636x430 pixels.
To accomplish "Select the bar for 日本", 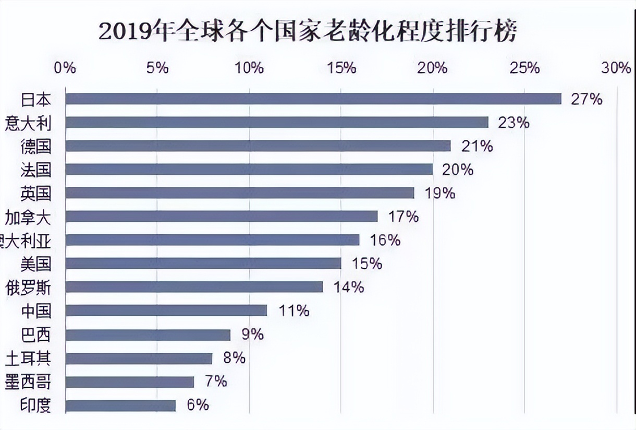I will (313, 99).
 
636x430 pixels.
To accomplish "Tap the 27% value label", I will (586, 99).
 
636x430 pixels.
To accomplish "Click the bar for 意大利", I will (277, 122).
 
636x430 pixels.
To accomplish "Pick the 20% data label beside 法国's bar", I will (458, 170).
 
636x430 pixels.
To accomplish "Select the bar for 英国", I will (240, 193).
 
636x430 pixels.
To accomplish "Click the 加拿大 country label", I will (28, 217).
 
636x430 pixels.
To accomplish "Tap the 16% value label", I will (385, 240).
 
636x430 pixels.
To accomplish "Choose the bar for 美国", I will (203, 263).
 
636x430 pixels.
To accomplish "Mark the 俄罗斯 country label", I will (28, 288).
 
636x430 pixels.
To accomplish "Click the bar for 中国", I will (166, 310).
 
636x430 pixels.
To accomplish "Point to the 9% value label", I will (252, 334).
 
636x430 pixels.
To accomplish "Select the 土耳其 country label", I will (28, 359).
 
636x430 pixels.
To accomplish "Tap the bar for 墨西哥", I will (130, 382).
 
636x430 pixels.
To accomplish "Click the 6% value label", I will (198, 405).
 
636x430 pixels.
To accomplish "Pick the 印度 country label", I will (36, 405).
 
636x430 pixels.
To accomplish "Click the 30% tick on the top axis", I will (616, 68).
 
